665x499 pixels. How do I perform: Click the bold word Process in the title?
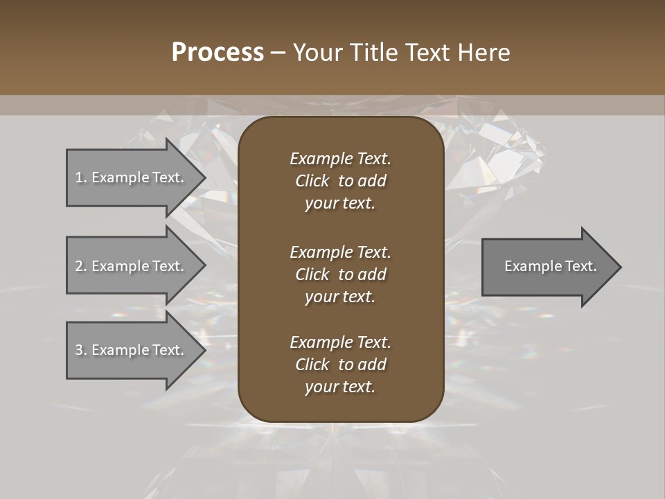(x=218, y=53)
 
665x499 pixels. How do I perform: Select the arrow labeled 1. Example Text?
(x=132, y=177)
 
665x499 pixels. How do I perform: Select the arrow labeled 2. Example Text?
(x=132, y=266)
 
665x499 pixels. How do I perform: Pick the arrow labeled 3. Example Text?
(x=132, y=350)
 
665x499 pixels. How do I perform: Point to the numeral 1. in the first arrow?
(x=80, y=177)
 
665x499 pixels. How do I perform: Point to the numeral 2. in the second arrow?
(x=80, y=266)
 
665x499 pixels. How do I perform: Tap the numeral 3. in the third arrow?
(x=80, y=350)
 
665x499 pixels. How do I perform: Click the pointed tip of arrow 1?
(x=203, y=177)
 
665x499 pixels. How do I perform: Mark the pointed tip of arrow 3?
(x=203, y=350)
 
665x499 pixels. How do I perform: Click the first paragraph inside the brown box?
(x=340, y=181)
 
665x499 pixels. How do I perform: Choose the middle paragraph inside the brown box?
(x=340, y=274)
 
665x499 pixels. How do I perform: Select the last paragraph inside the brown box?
(x=340, y=364)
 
